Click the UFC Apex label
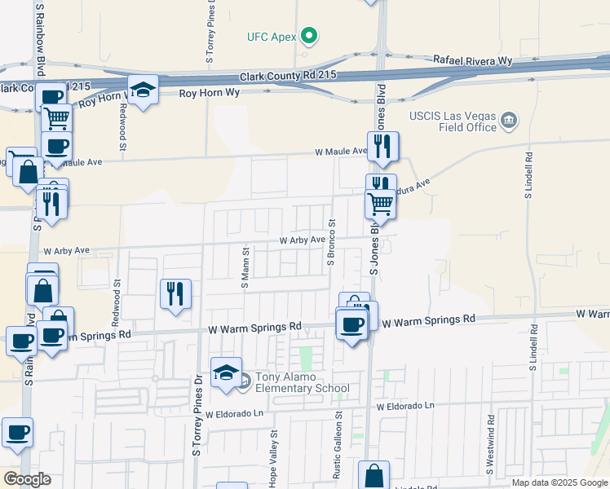coord(272,37)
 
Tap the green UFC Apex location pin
coord(308,36)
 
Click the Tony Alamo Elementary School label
coord(303,382)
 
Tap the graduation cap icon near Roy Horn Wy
coord(144,90)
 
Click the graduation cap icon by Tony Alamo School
coord(226,373)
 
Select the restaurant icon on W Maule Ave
coord(382,147)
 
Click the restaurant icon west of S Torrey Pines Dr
coord(175,294)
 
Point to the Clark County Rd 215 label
coord(288,76)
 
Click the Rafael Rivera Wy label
coord(473,59)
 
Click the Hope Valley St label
coord(273,460)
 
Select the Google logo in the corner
coord(27,479)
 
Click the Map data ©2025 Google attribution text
coord(559,482)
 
